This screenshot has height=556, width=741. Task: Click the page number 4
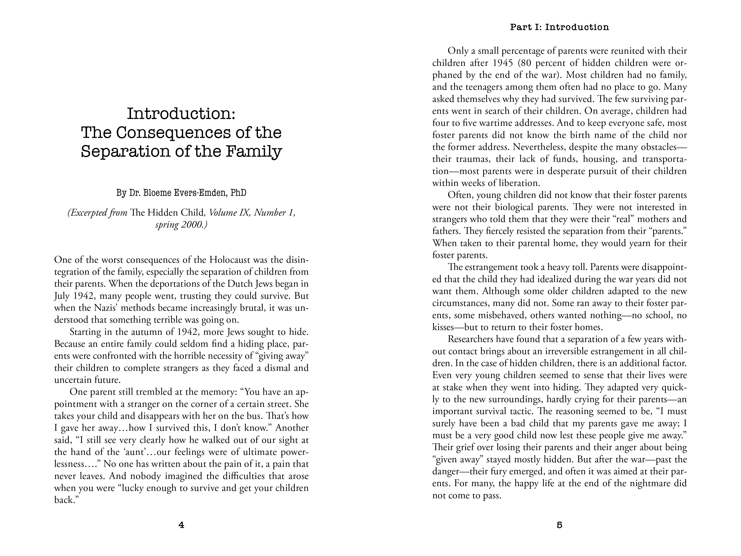coord(181,525)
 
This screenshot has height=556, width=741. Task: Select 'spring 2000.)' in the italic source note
coord(181,224)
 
